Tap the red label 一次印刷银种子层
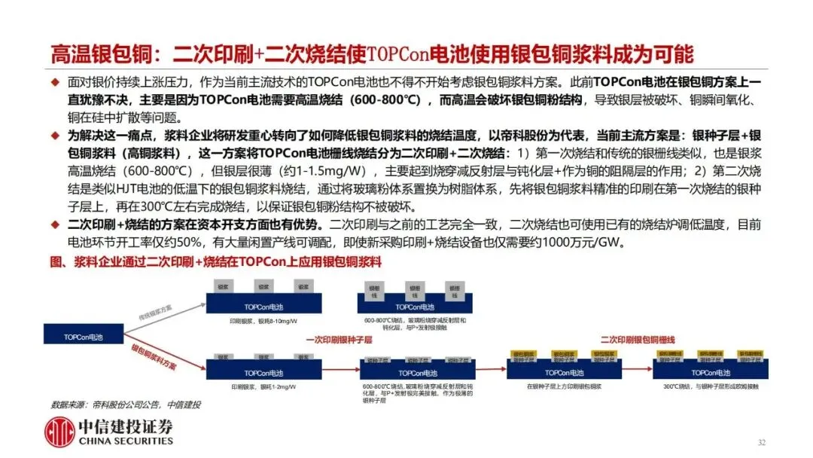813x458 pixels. [x=340, y=340]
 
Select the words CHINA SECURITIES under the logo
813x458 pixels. [x=125, y=441]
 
